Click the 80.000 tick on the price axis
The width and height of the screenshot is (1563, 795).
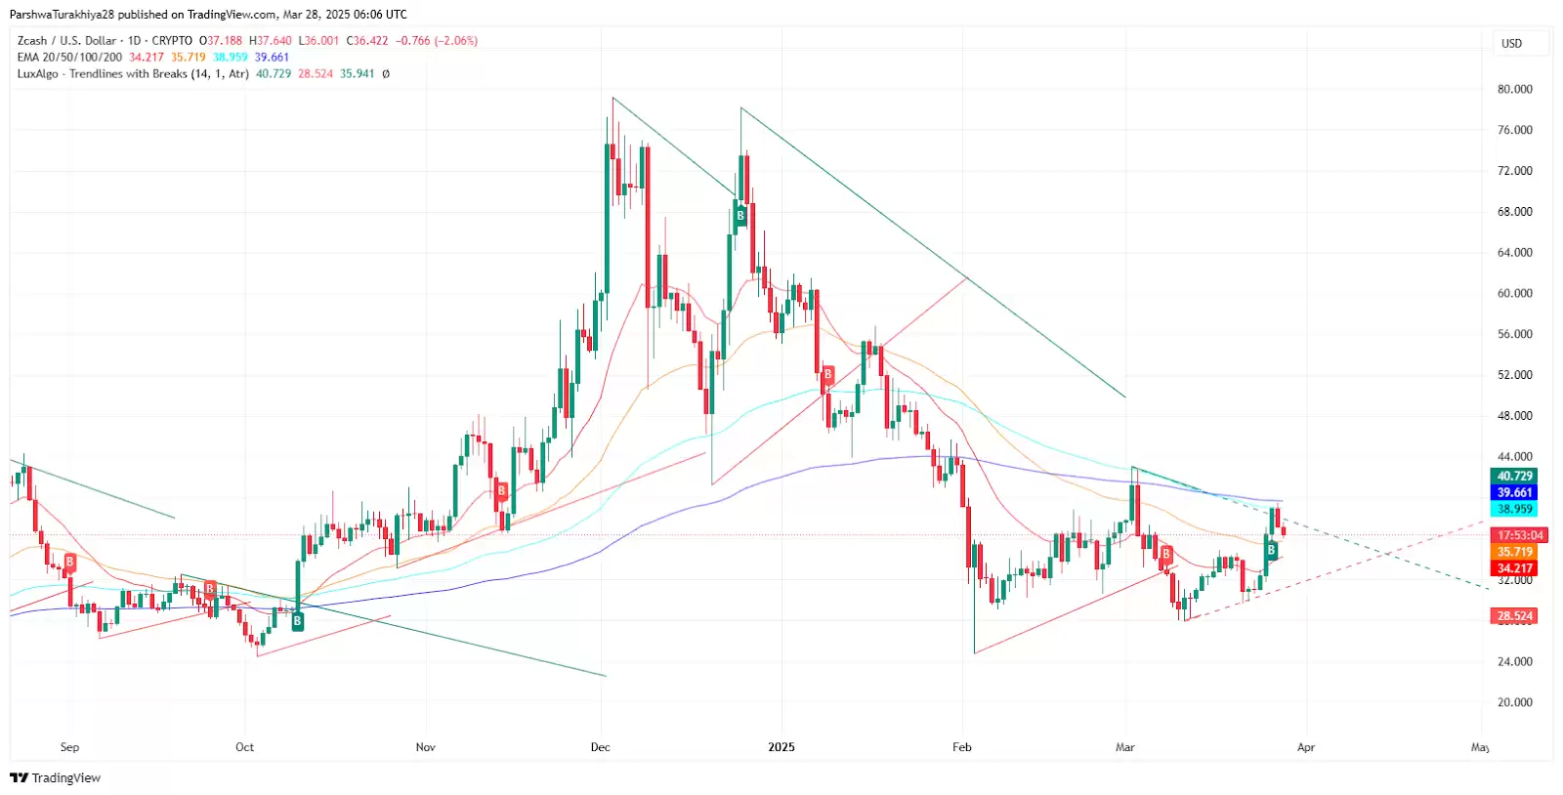click(1514, 89)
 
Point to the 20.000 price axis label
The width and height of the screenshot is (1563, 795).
click(1514, 702)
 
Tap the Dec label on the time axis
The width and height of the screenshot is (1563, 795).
click(601, 747)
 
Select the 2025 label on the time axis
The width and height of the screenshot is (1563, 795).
click(781, 747)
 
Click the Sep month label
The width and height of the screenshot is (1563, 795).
click(69, 747)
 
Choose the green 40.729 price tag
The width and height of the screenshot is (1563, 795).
click(1515, 477)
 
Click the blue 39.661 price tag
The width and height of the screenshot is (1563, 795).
click(1515, 493)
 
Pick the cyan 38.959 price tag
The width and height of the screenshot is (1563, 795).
click(1515, 509)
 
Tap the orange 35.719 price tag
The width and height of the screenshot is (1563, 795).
click(1515, 552)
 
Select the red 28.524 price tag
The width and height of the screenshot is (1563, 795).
click(1515, 616)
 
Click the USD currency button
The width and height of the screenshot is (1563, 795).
click(1511, 44)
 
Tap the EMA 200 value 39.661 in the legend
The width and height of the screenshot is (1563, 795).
click(273, 58)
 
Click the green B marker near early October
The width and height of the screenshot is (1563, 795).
click(298, 621)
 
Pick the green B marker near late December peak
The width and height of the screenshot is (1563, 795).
click(740, 216)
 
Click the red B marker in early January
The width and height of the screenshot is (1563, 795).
click(828, 374)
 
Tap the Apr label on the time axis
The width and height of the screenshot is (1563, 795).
click(1306, 747)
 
